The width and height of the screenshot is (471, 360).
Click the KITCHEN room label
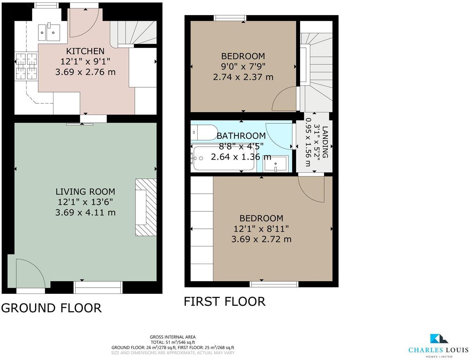pyautogui.click(x=85, y=51)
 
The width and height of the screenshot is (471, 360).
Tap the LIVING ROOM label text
pyautogui.click(x=85, y=192)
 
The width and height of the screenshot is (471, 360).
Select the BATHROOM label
pyautogui.click(x=241, y=136)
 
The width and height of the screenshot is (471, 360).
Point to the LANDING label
pyautogui.click(x=325, y=142)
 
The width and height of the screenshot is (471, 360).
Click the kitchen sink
pyautogui.click(x=49, y=32)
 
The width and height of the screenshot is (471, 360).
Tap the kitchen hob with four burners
pyautogui.click(x=26, y=66)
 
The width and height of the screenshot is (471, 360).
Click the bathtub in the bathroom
pyautogui.click(x=223, y=158)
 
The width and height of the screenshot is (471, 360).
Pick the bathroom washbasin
pyautogui.click(x=276, y=164)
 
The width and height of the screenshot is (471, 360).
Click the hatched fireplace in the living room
pyautogui.click(x=146, y=207)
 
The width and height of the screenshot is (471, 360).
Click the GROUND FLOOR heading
pyautogui.click(x=51, y=308)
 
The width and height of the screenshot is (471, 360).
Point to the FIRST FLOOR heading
pyautogui.click(x=224, y=302)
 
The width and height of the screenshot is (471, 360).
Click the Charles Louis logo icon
pyautogui.click(x=439, y=339)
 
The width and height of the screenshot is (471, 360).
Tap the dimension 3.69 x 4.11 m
pyautogui.click(x=85, y=212)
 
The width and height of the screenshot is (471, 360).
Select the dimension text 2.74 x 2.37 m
pyautogui.click(x=243, y=77)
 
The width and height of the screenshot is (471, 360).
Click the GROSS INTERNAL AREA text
pyautogui.click(x=172, y=337)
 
